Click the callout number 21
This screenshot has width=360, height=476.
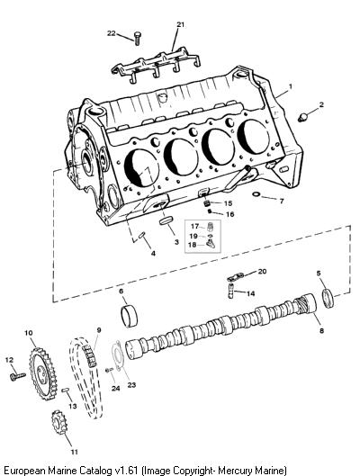click(x=181, y=24)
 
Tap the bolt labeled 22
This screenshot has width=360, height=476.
click(x=137, y=39)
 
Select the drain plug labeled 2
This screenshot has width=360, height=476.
click(x=303, y=117)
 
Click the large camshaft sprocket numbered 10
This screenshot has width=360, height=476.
click(x=43, y=373)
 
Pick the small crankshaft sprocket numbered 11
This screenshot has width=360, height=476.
click(x=59, y=422)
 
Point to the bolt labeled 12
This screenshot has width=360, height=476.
click(x=17, y=376)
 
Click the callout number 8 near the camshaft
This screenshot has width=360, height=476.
click(x=321, y=330)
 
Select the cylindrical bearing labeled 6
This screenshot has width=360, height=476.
click(x=129, y=316)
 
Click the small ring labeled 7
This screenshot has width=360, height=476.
click(x=256, y=194)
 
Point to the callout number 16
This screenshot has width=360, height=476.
click(x=229, y=214)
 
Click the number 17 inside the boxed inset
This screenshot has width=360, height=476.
click(x=194, y=227)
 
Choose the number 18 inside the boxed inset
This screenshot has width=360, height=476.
click(x=193, y=245)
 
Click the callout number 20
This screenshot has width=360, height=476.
click(x=262, y=271)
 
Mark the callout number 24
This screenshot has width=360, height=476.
click(x=115, y=388)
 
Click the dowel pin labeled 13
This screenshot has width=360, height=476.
click(x=66, y=391)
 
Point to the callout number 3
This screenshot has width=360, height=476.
click(x=176, y=242)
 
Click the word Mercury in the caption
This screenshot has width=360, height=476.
click(x=235, y=471)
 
